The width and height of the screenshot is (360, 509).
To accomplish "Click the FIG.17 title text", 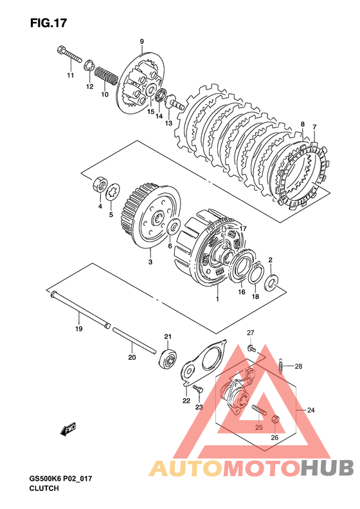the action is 49,23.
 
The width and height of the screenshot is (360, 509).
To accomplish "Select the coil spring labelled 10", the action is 106,76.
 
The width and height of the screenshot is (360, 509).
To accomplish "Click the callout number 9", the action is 141,42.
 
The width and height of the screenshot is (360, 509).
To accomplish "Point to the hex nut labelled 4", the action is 100,185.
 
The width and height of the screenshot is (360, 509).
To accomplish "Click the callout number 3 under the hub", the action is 150,262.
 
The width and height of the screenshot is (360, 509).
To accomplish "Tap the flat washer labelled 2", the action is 271,282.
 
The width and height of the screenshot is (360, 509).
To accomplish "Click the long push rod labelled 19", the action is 80,310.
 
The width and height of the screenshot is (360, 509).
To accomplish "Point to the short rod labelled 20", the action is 134,341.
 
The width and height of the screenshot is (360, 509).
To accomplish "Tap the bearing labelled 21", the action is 168,358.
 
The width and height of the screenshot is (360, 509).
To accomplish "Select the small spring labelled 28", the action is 282,366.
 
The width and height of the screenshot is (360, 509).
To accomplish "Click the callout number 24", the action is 310,411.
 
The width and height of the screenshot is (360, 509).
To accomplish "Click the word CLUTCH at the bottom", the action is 44,488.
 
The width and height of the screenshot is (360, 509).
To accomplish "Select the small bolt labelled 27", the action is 251,348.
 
